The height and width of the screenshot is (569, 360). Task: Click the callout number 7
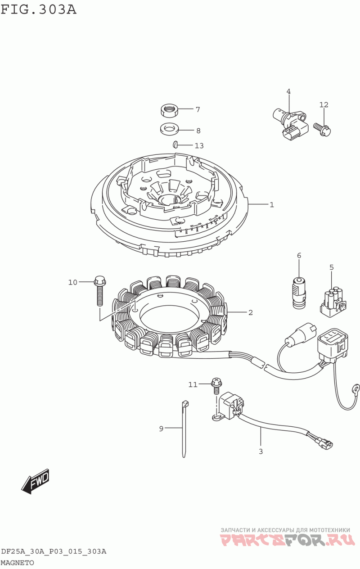pyautogui.click(x=198, y=109)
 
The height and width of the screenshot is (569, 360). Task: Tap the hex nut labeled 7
pyautogui.click(x=169, y=110)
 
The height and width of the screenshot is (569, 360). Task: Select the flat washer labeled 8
pyautogui.click(x=169, y=129)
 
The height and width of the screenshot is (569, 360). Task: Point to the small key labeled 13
pyautogui.click(x=174, y=145)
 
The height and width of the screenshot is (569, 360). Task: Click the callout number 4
pyautogui.click(x=288, y=91)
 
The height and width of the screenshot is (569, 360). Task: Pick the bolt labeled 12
pyautogui.click(x=323, y=129)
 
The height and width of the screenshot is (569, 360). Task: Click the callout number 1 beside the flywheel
pyautogui.click(x=272, y=204)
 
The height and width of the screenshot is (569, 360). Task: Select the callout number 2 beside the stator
pyautogui.click(x=250, y=312)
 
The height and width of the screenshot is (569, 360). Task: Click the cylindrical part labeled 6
pyautogui.click(x=299, y=293)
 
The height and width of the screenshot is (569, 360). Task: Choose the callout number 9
pyautogui.click(x=161, y=429)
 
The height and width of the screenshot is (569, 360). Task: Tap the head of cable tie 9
pyautogui.click(x=185, y=404)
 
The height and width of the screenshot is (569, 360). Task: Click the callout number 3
pyautogui.click(x=261, y=452)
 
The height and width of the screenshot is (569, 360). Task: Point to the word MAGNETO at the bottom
pyautogui.click(x=17, y=563)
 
